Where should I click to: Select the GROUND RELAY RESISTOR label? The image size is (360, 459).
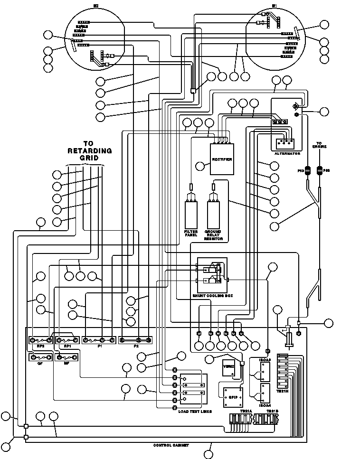click(213, 235)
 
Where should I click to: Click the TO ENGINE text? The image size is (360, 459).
click(319, 145)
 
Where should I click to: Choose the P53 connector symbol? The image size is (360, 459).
click(307, 170)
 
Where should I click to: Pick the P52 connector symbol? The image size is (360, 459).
click(320, 170)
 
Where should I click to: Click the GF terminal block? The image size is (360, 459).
click(40, 358)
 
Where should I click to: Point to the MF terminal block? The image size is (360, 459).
click(67, 358)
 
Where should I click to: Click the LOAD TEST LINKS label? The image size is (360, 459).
click(195, 411)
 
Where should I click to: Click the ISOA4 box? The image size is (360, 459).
click(265, 393)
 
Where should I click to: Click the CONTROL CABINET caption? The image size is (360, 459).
click(171, 445)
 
